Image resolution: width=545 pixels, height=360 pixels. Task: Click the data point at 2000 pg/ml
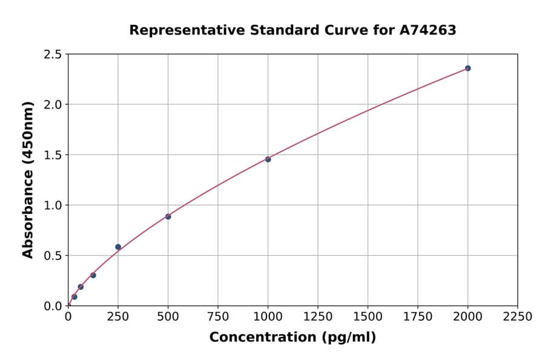click(467, 68)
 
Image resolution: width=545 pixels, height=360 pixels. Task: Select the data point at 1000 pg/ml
click(268, 159)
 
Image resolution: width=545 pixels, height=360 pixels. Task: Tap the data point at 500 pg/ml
click(168, 216)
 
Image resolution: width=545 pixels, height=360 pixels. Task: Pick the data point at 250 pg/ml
click(118, 247)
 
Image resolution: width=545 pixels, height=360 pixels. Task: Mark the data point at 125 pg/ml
click(93, 275)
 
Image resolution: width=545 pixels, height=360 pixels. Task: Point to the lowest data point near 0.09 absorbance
click(74, 297)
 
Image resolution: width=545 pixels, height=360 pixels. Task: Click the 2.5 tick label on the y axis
click(53, 55)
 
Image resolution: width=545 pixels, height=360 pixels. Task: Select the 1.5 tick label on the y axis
click(53, 155)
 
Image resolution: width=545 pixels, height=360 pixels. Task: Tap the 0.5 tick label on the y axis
click(53, 256)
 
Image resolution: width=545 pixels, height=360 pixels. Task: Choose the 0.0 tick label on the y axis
click(53, 306)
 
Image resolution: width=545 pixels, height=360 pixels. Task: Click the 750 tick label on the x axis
click(218, 317)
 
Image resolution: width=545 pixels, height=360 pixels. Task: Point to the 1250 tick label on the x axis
click(318, 317)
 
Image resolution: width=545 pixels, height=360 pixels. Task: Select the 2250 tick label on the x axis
click(518, 317)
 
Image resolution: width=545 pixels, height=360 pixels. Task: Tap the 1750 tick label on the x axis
click(418, 317)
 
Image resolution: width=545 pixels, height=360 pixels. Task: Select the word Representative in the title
click(179, 30)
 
